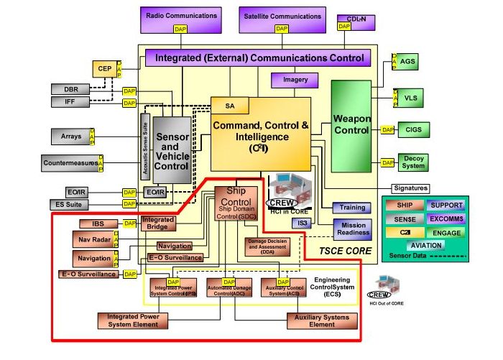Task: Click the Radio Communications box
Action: tap(180, 17)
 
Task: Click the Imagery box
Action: tap(293, 80)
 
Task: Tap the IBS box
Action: tap(91, 224)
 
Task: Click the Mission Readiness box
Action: tap(351, 229)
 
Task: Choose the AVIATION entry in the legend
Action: tap(425, 245)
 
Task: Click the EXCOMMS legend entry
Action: tap(447, 218)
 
